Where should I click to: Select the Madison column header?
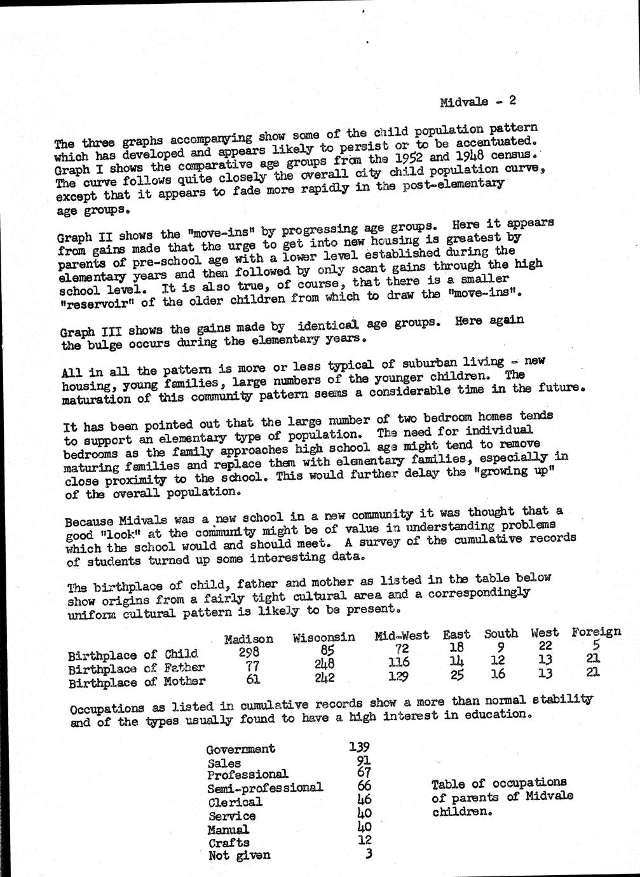coord(249,639)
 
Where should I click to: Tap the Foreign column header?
coord(596,632)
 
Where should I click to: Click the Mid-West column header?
coord(402,635)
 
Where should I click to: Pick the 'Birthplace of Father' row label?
coord(136,667)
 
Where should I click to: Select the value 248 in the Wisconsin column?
coord(322,663)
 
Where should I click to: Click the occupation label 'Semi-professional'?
coord(265,788)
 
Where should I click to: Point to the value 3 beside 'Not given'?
coord(367,853)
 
